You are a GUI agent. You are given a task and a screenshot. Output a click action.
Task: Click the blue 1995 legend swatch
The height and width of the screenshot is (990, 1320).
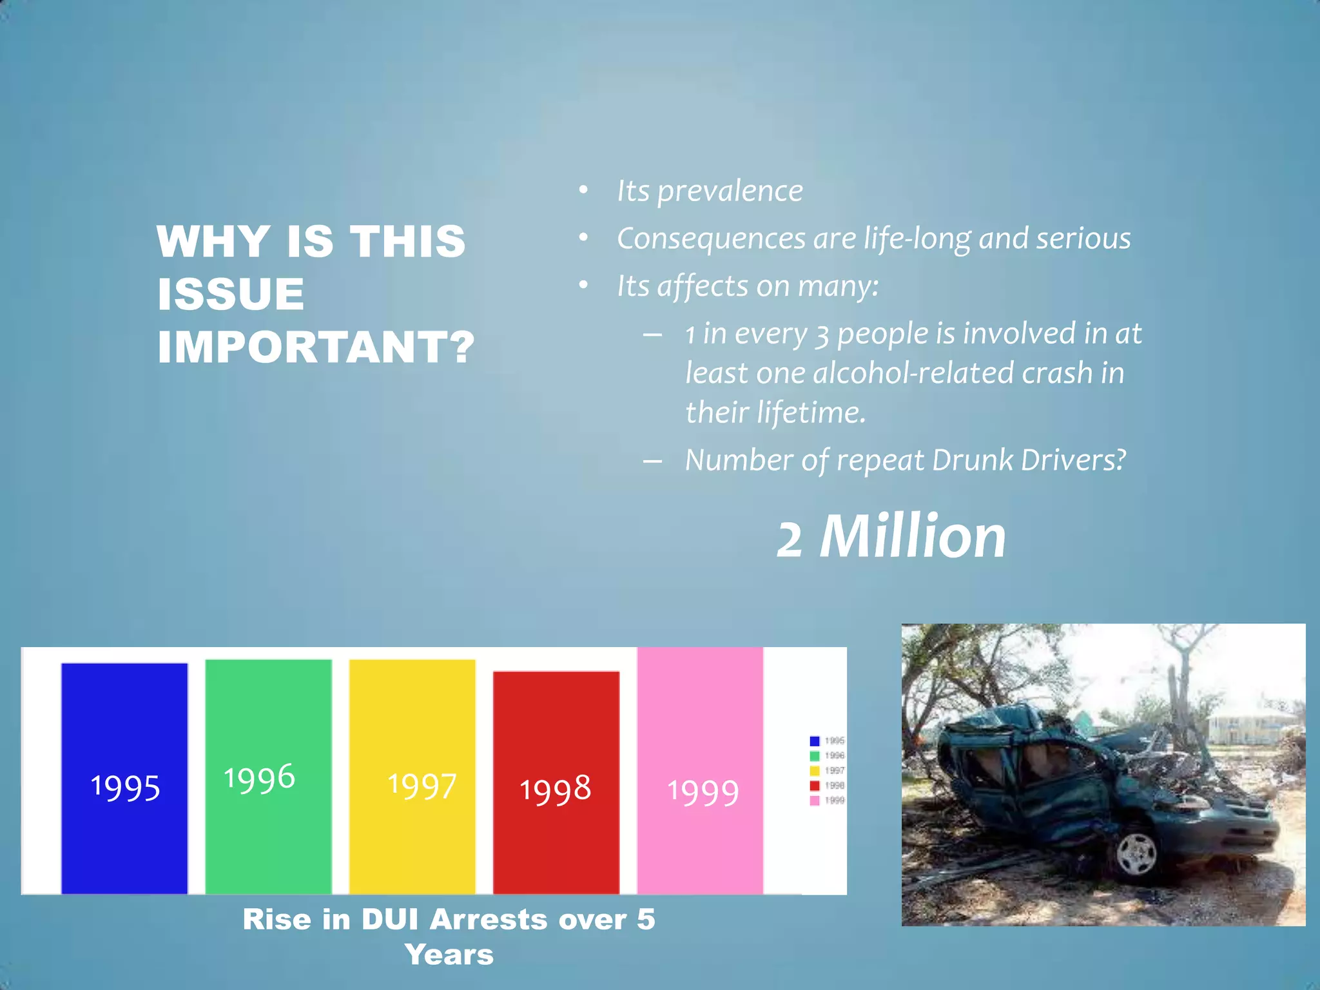pyautogui.click(x=815, y=741)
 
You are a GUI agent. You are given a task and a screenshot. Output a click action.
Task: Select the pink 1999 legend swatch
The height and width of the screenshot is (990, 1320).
pyautogui.click(x=815, y=801)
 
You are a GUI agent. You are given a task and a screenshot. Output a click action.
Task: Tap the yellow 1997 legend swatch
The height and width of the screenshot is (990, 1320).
pyautogui.click(x=815, y=771)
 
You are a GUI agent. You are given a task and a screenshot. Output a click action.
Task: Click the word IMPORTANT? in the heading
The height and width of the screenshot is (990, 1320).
pyautogui.click(x=316, y=347)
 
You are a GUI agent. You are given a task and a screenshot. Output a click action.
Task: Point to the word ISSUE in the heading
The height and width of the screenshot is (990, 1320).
pyautogui.click(x=231, y=294)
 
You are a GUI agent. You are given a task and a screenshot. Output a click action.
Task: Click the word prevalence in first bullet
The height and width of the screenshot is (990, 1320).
pyautogui.click(x=730, y=191)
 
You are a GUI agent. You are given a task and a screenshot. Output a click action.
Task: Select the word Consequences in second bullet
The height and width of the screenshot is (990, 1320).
pyautogui.click(x=711, y=239)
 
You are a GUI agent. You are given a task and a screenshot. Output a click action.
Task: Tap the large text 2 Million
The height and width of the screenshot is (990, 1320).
pyautogui.click(x=891, y=537)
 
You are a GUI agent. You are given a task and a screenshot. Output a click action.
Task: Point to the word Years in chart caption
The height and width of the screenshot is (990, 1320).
pyautogui.click(x=449, y=955)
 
